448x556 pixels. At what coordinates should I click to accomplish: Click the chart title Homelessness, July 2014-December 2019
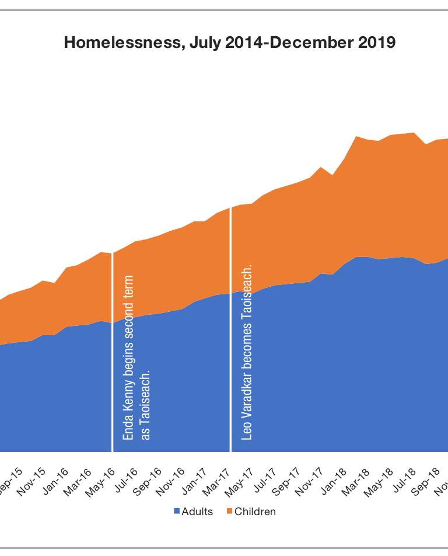click(230, 43)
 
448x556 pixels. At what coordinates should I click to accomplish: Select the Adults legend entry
click(197, 512)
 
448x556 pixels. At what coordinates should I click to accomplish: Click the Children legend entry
click(255, 512)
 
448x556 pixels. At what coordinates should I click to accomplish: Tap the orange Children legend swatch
click(230, 512)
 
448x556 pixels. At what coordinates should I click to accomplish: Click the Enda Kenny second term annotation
click(137, 357)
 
